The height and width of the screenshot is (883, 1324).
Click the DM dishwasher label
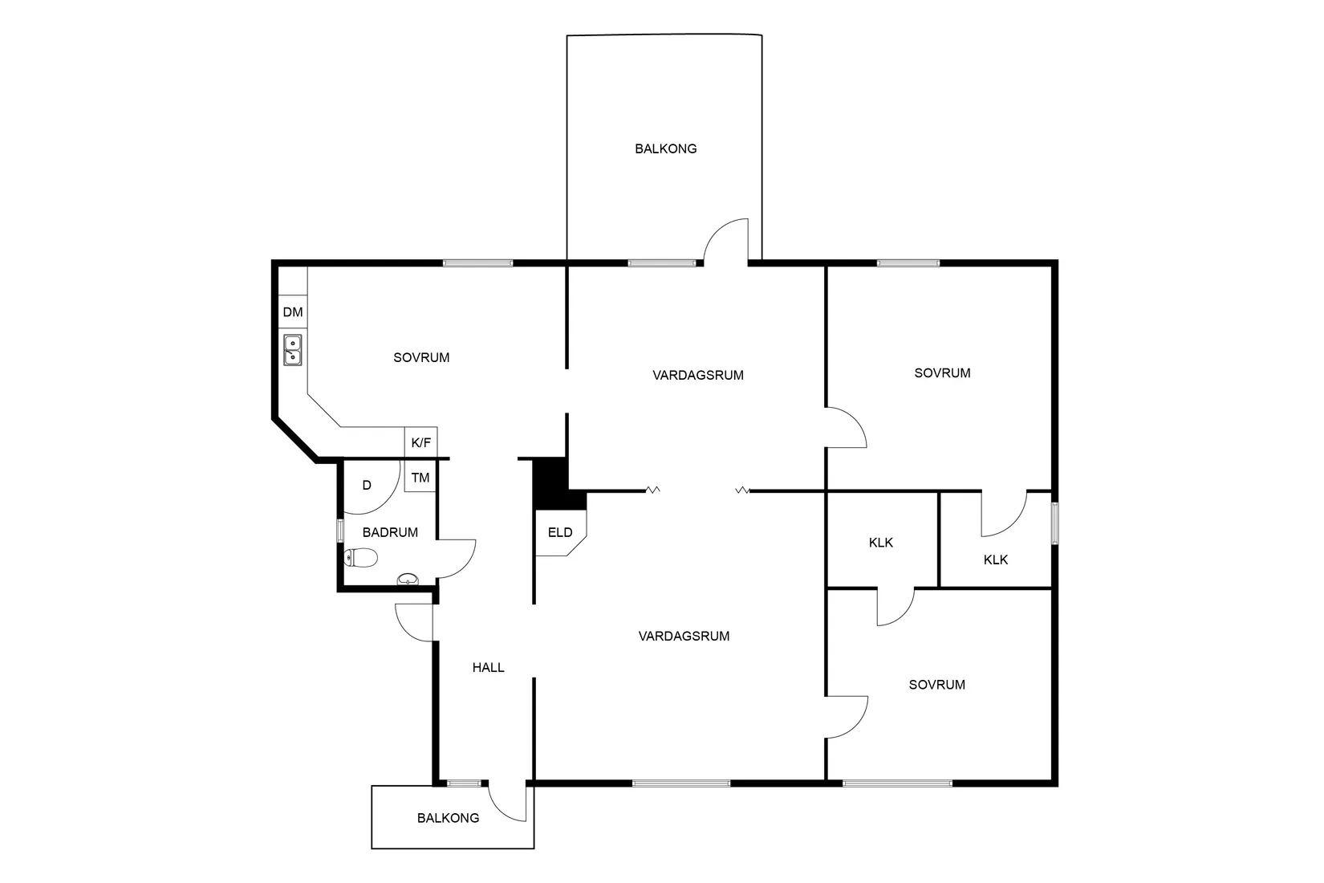pyautogui.click(x=293, y=312)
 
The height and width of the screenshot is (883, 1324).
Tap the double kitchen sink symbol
pyautogui.click(x=293, y=349)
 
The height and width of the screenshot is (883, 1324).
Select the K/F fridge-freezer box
pyautogui.click(x=420, y=442)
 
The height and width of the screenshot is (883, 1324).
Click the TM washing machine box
pyautogui.click(x=420, y=477)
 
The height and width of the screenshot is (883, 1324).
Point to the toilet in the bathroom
pyautogui.click(x=360, y=557)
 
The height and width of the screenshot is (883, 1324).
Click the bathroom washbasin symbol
pyautogui.click(x=408, y=579)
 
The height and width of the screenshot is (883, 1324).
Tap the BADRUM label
pyautogui.click(x=390, y=532)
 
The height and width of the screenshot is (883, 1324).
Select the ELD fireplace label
pyautogui.click(x=560, y=532)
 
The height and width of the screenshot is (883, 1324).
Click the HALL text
pyautogui.click(x=488, y=668)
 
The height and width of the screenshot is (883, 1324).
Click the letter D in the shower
pyautogui.click(x=367, y=486)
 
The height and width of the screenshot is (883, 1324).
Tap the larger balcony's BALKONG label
pyautogui.click(x=665, y=149)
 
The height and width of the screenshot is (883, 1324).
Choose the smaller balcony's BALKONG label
pyautogui.click(x=448, y=818)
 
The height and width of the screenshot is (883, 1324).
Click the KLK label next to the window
pyautogui.click(x=996, y=560)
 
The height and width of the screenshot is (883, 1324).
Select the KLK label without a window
pyautogui.click(x=881, y=543)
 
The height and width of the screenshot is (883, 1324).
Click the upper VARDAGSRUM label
pyautogui.click(x=698, y=375)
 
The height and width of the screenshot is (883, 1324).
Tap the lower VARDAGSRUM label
pyautogui.click(x=684, y=636)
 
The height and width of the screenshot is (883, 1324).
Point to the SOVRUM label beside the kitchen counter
pyautogui.click(x=421, y=357)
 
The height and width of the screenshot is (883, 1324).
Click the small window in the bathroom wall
pyautogui.click(x=340, y=531)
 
